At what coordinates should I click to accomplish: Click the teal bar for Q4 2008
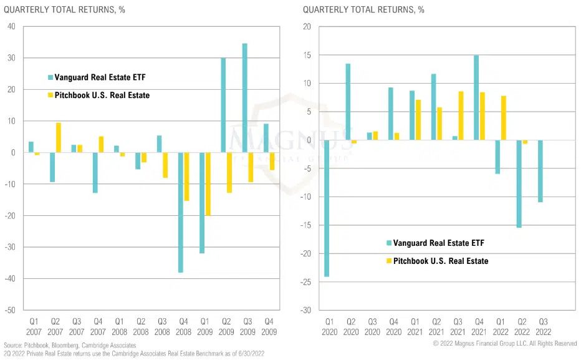(x=181, y=212)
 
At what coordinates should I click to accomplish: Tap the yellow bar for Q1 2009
(x=208, y=184)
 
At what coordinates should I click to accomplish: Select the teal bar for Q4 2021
(x=476, y=97)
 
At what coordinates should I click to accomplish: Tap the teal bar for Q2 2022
(x=519, y=183)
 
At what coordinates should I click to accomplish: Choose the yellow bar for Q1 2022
(x=504, y=118)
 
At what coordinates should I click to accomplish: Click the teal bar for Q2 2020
(x=348, y=102)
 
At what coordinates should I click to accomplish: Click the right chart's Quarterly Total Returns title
(x=363, y=9)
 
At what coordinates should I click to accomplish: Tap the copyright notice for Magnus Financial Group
(x=505, y=344)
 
